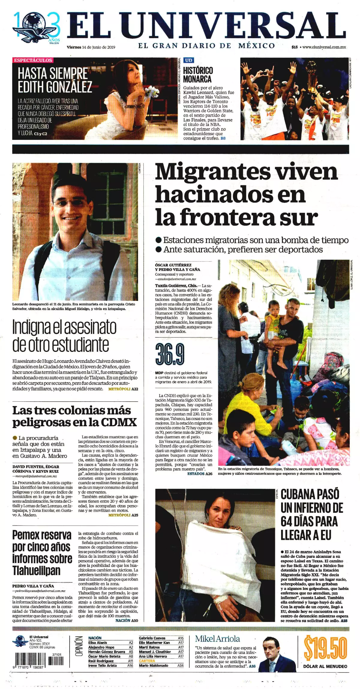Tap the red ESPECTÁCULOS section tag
click(33, 60)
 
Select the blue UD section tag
click(188, 60)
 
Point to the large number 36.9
click(169, 354)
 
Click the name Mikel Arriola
click(217, 639)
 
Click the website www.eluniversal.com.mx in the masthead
click(324, 47)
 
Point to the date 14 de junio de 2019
click(99, 47)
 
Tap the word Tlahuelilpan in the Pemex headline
click(36, 570)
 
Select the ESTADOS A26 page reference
click(199, 474)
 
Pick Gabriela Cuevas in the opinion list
click(152, 638)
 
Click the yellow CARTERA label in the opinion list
click(147, 661)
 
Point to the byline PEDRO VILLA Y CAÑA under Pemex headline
click(33, 586)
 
